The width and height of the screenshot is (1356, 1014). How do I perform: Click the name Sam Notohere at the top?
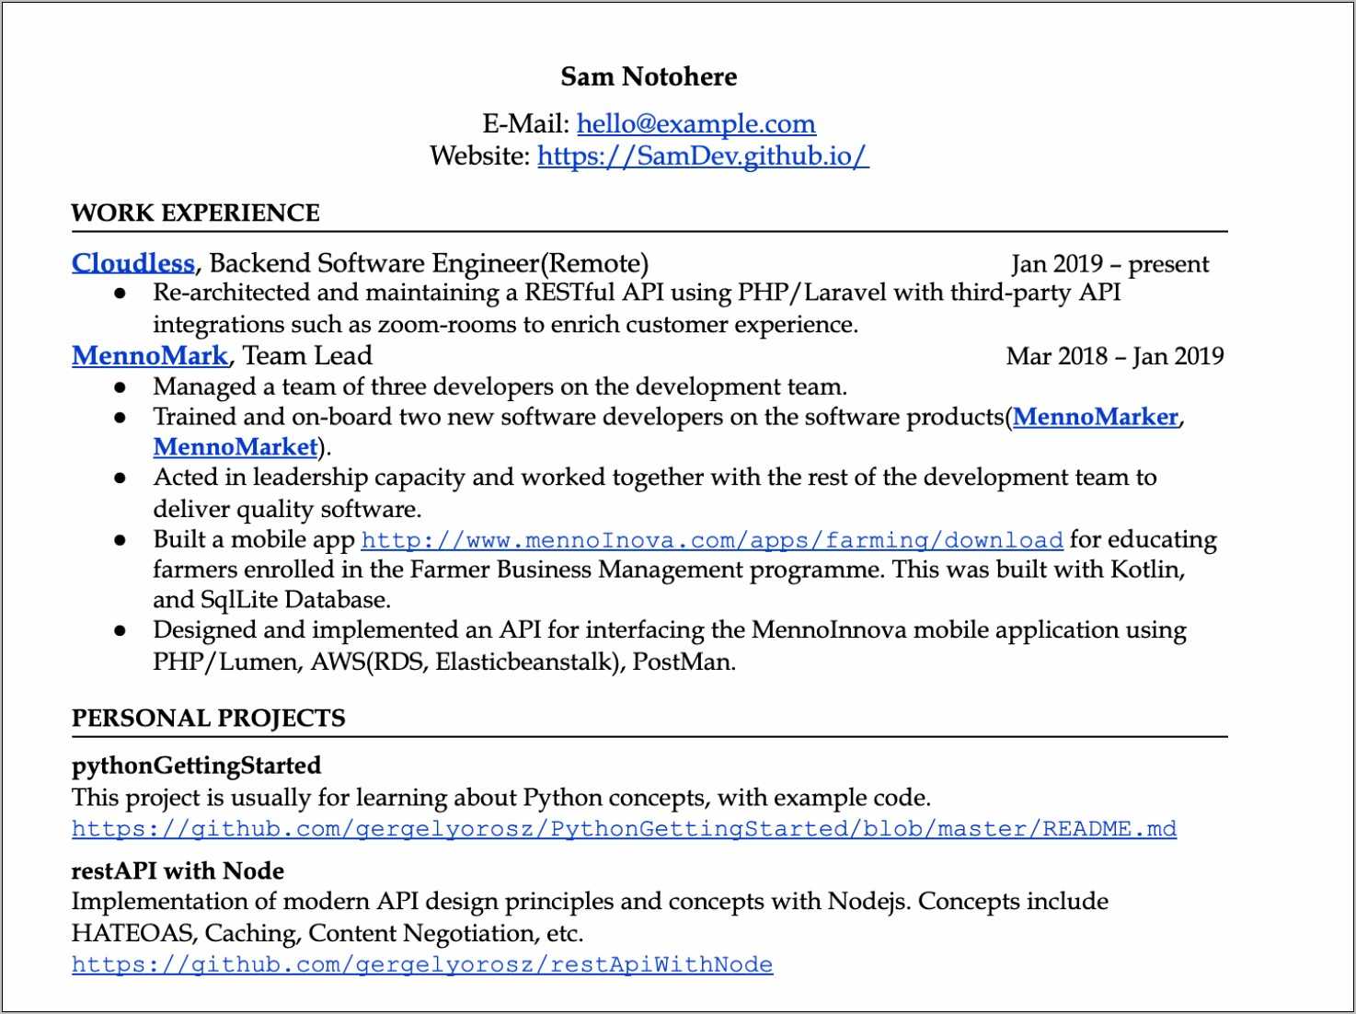click(x=649, y=76)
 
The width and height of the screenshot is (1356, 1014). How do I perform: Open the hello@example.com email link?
click(x=695, y=123)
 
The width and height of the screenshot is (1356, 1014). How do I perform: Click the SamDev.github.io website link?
click(x=702, y=156)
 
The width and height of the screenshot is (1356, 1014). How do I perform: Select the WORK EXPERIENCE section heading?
click(x=195, y=213)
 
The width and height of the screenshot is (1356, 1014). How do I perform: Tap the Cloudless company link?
click(x=133, y=263)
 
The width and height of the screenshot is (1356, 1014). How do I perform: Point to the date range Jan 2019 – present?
click(x=1109, y=264)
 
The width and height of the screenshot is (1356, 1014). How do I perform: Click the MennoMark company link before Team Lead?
click(x=150, y=355)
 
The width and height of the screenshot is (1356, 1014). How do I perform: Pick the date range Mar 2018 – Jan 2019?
click(x=1114, y=356)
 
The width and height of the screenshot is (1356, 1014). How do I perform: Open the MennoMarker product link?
click(x=1095, y=417)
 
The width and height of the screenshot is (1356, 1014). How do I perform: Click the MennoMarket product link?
click(x=236, y=447)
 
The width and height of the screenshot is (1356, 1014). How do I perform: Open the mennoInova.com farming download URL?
click(x=712, y=540)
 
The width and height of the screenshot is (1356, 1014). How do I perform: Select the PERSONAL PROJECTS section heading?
click(x=208, y=718)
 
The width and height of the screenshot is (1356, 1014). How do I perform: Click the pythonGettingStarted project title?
click(x=196, y=766)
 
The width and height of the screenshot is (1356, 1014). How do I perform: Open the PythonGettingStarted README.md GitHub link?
click(x=624, y=829)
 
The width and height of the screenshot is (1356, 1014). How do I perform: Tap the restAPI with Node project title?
click(x=178, y=870)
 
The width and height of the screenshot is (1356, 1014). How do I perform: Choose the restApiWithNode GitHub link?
click(x=422, y=964)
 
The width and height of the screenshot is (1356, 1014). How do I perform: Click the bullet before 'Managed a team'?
click(x=120, y=387)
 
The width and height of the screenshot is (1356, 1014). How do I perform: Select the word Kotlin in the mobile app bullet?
click(x=1145, y=570)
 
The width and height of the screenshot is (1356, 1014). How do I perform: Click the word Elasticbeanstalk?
click(x=523, y=662)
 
